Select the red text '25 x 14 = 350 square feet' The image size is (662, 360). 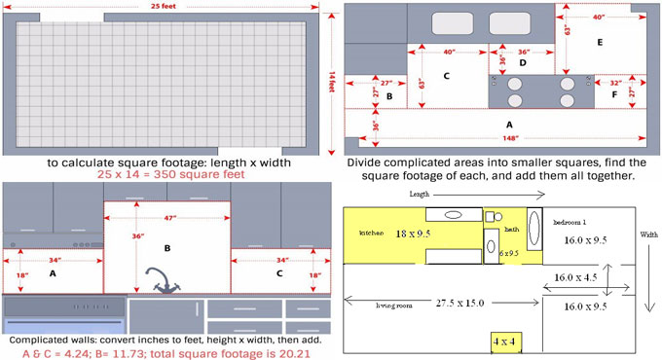tap(166, 175)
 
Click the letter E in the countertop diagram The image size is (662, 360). tap(599, 43)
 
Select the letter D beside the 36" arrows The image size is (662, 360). tap(522, 63)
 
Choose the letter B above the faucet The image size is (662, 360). tap(166, 249)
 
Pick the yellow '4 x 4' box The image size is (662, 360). tap(505, 342)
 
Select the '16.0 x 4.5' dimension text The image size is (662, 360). tap(576, 277)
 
